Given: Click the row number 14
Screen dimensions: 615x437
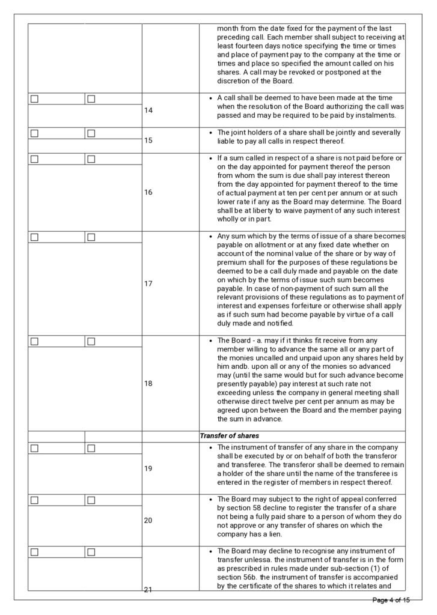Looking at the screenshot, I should [x=148, y=111].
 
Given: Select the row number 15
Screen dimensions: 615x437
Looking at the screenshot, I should [x=148, y=141].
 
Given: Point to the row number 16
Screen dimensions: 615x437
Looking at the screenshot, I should [x=148, y=193].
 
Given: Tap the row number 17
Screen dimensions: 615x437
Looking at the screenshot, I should [x=148, y=283].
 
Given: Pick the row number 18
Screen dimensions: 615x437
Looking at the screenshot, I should [x=148, y=383].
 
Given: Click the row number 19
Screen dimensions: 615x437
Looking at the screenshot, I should [x=148, y=468].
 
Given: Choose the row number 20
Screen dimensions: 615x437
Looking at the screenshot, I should [x=148, y=521].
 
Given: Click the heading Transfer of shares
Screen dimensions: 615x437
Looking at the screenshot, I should [x=230, y=436].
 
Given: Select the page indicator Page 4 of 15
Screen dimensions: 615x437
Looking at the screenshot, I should [x=391, y=600].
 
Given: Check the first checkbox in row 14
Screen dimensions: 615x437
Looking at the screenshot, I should [x=35, y=99].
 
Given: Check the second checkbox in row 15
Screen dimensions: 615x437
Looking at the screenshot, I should [x=91, y=133].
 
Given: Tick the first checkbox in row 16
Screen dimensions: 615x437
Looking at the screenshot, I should [x=35, y=159].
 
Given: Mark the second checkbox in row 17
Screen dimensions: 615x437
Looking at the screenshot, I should [x=91, y=237].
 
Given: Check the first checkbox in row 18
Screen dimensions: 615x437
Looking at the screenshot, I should [x=35, y=342].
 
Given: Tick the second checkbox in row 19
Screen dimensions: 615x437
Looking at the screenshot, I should [x=91, y=448].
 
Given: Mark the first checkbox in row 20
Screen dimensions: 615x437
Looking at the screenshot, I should [x=35, y=500].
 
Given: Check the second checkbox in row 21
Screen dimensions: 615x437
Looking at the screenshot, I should [x=91, y=552].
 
